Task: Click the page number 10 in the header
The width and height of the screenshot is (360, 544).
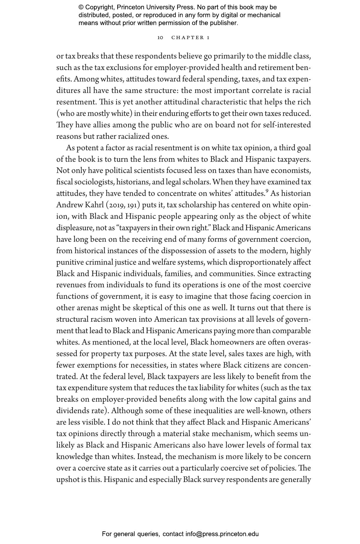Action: pyautogui.click(x=160, y=38)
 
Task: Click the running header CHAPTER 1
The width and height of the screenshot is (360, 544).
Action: pyautogui.click(x=190, y=38)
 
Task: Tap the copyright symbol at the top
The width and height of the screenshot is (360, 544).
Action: pyautogui.click(x=81, y=7)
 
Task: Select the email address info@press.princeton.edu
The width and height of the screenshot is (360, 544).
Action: pyautogui.click(x=222, y=534)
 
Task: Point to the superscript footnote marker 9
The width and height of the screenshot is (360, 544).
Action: pyautogui.click(x=267, y=191)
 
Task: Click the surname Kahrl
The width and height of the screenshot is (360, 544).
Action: pyautogui.click(x=91, y=205)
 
